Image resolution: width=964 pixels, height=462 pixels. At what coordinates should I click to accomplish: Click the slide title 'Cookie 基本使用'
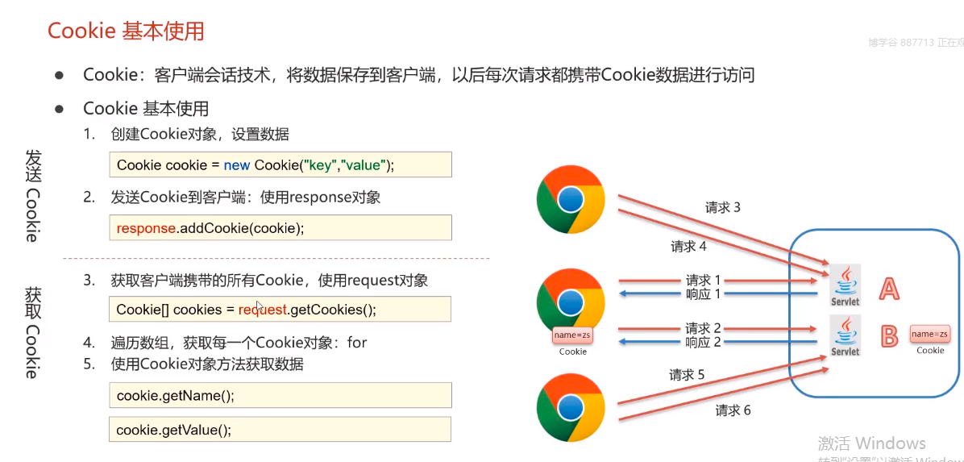pos(126,31)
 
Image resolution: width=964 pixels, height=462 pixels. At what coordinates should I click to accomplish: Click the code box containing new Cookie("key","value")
pos(280,164)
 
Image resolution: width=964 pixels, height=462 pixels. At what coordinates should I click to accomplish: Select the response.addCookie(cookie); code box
pos(280,227)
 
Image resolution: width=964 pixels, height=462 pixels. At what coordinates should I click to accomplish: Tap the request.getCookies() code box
pos(280,309)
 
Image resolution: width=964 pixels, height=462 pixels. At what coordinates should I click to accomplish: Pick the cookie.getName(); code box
pos(280,395)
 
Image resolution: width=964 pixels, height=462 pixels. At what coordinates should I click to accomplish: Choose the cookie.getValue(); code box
pos(280,429)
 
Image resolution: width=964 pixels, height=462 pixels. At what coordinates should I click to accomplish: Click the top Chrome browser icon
pos(571,198)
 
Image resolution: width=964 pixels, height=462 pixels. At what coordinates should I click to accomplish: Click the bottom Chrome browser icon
pos(571,406)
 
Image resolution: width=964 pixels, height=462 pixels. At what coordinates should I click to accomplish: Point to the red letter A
pos(888,289)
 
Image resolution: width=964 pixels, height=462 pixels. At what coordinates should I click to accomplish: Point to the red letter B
pos(888,336)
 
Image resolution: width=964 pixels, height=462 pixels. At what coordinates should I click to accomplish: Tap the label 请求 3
pos(722,208)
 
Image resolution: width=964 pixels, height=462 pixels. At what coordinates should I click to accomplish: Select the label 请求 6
pos(733,410)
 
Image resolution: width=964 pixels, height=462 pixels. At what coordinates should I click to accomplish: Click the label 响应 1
pos(703,293)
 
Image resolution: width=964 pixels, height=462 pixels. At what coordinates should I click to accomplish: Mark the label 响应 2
pos(703,342)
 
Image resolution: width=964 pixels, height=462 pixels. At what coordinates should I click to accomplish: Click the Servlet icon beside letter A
pos(845,285)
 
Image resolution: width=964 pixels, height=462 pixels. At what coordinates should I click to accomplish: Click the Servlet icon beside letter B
pos(845,335)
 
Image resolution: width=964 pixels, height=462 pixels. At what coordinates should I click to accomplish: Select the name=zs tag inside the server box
pos(929,334)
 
